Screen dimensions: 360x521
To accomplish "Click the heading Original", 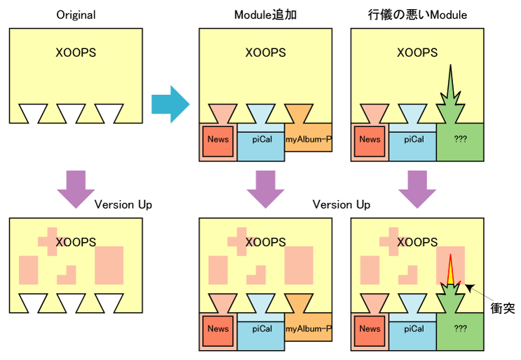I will click(76, 15).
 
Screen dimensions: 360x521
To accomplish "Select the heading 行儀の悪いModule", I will click(417, 15).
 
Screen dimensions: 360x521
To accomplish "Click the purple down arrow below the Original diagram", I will click(75, 187).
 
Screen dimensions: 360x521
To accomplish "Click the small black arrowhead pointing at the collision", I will click(469, 286).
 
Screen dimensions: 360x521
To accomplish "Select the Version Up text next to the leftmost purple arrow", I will click(123, 204).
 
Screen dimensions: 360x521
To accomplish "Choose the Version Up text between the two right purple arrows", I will click(341, 204).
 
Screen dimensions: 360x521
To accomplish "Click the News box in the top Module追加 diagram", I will click(218, 139).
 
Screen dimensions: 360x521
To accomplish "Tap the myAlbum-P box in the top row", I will click(309, 139).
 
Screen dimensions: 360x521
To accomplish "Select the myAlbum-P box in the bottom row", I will click(309, 328).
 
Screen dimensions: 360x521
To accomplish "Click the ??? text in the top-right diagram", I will click(461, 139).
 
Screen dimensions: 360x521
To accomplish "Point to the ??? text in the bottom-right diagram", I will click(461, 328).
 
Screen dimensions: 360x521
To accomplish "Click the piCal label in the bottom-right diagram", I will click(414, 328).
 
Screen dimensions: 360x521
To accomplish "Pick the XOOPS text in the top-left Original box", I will click(76, 53).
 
